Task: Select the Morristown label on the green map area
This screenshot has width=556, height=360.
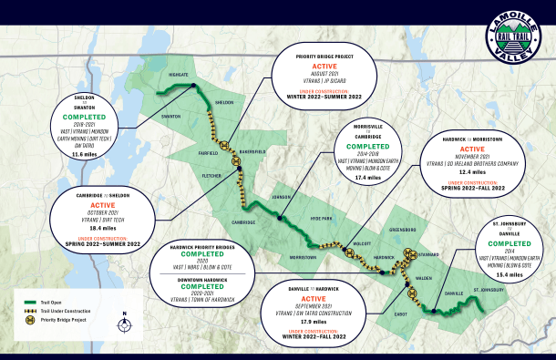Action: point(303,258)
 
